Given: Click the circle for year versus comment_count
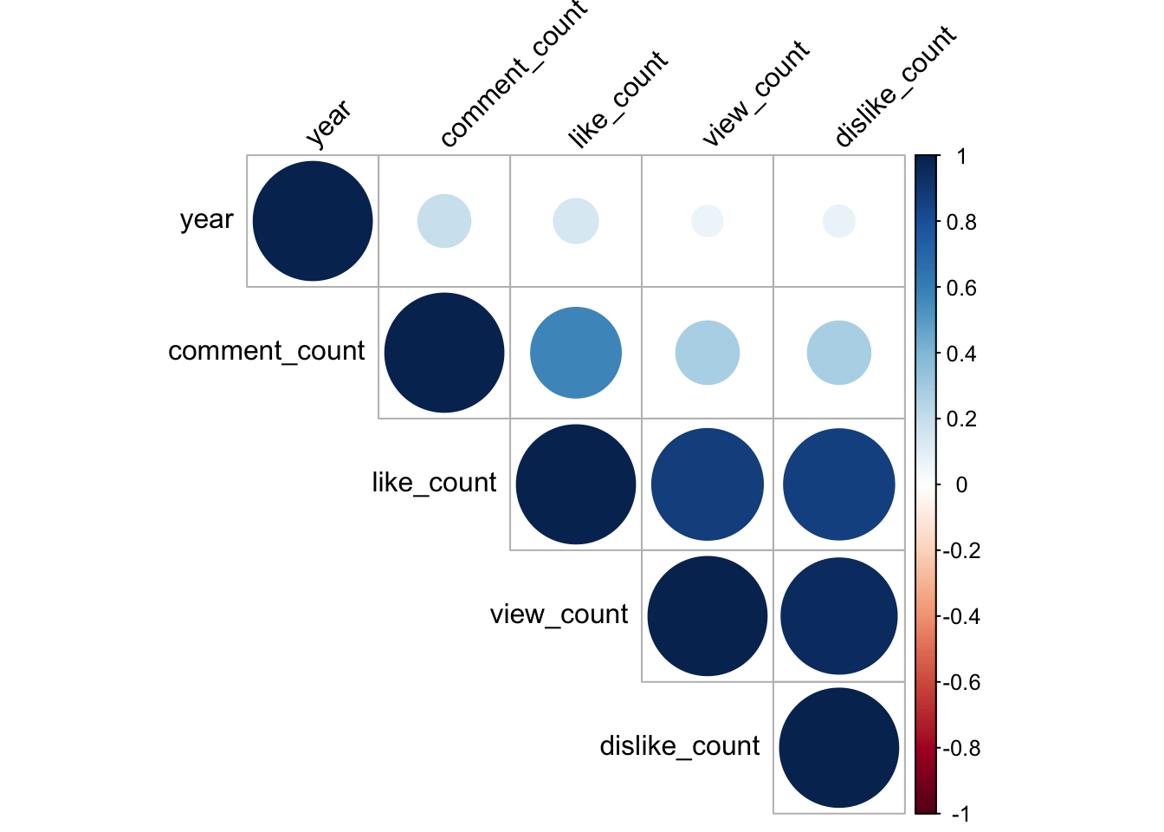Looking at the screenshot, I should click(444, 221).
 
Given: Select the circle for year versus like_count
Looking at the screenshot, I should click(576, 221).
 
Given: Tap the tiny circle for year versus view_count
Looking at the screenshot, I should click(708, 221).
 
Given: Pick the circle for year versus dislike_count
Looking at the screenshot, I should click(839, 221).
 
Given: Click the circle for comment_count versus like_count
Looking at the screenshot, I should click(576, 353).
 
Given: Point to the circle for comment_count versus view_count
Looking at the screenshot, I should click(708, 353).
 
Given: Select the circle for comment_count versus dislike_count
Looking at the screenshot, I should click(839, 353).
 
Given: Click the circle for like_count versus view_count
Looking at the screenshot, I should click(708, 484).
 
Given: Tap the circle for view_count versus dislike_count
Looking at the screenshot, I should click(839, 616).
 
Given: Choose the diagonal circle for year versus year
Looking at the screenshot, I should click(313, 221).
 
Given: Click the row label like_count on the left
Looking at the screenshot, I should click(434, 483).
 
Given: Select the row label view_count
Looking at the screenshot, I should click(559, 614).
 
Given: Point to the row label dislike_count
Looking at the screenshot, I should click(680, 746).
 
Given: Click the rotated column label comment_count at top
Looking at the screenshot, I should click(513, 76).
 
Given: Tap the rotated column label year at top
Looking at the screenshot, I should click(328, 122).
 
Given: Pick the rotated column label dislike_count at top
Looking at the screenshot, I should click(895, 87).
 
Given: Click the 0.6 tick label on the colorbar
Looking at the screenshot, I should click(960, 288).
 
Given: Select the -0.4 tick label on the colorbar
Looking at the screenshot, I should click(960, 616).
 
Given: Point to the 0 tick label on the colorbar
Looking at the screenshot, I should click(960, 484).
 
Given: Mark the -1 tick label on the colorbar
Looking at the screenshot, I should click(959, 814).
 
